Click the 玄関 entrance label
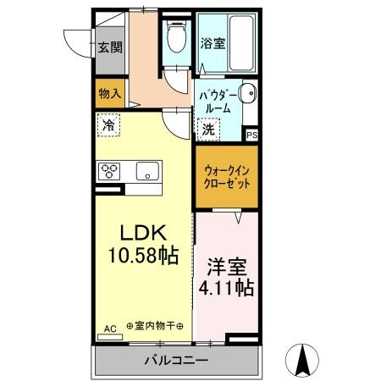tap(107, 47)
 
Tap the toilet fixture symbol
tap(177, 38)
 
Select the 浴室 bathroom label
tap(212, 42)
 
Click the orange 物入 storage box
tap(109, 93)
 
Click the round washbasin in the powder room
tap(246, 95)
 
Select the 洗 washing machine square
tap(208, 130)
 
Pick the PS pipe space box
tap(251, 134)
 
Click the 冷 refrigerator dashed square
tap(108, 125)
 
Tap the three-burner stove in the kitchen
tap(111, 170)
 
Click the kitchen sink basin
tap(147, 172)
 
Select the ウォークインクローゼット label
tap(226, 176)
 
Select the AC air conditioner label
tap(109, 327)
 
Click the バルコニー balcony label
tap(174, 360)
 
